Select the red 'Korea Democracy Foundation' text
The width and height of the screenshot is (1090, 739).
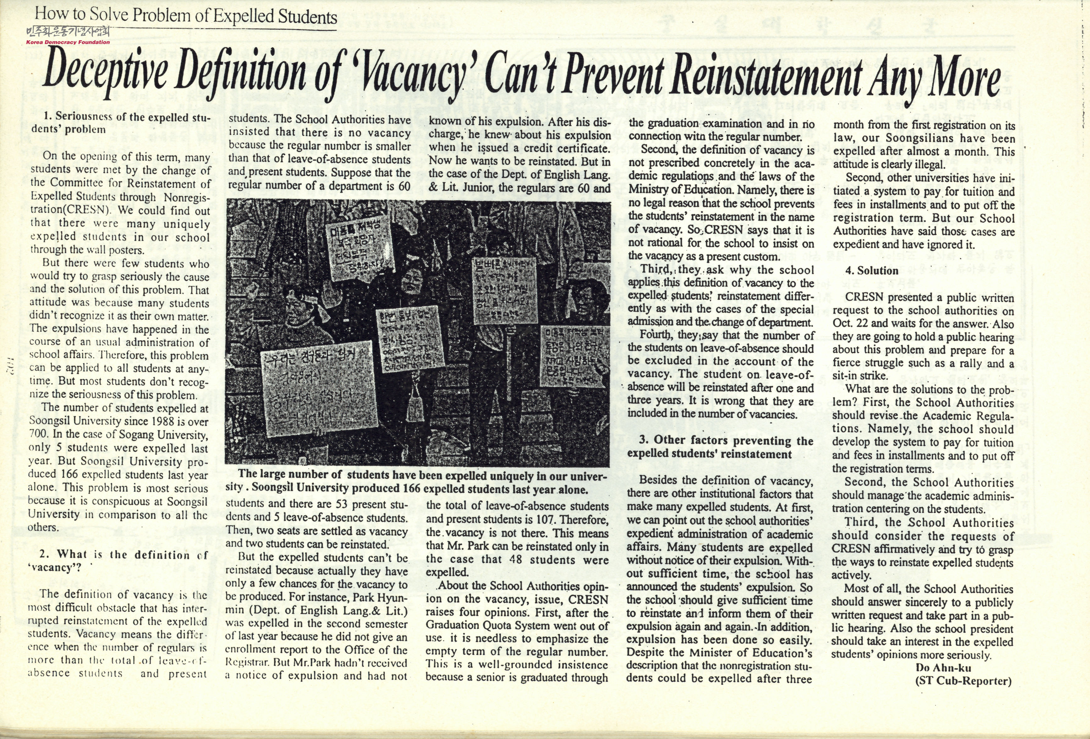68,42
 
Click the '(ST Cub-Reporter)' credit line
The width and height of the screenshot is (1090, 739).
963,681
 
